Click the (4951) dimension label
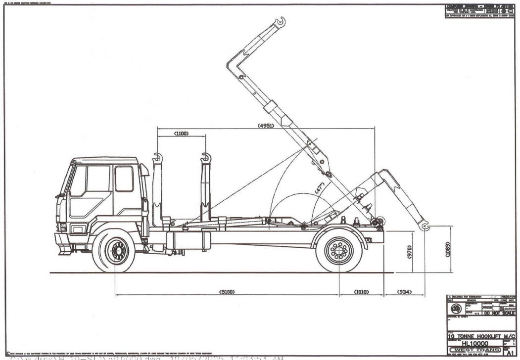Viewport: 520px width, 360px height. pyautogui.click(x=266, y=126)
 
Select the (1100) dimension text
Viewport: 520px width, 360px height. pyautogui.click(x=181, y=134)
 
